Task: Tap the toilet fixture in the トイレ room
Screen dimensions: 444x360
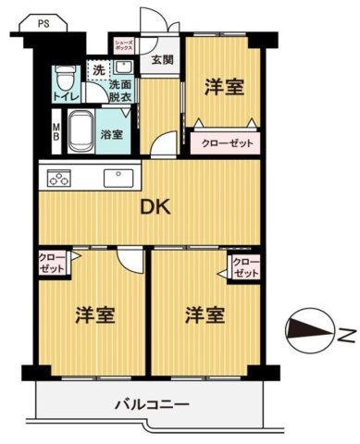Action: (x=63, y=77)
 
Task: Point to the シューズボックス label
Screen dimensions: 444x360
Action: (x=125, y=46)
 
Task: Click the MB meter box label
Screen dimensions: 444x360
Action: (x=55, y=131)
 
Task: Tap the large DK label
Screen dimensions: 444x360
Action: (x=154, y=207)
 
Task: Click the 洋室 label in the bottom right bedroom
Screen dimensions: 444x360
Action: (x=205, y=314)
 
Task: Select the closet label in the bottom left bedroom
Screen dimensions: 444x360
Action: (x=52, y=263)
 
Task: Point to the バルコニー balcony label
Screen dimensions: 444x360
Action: (x=151, y=404)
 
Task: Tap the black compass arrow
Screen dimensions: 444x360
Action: (x=307, y=328)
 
